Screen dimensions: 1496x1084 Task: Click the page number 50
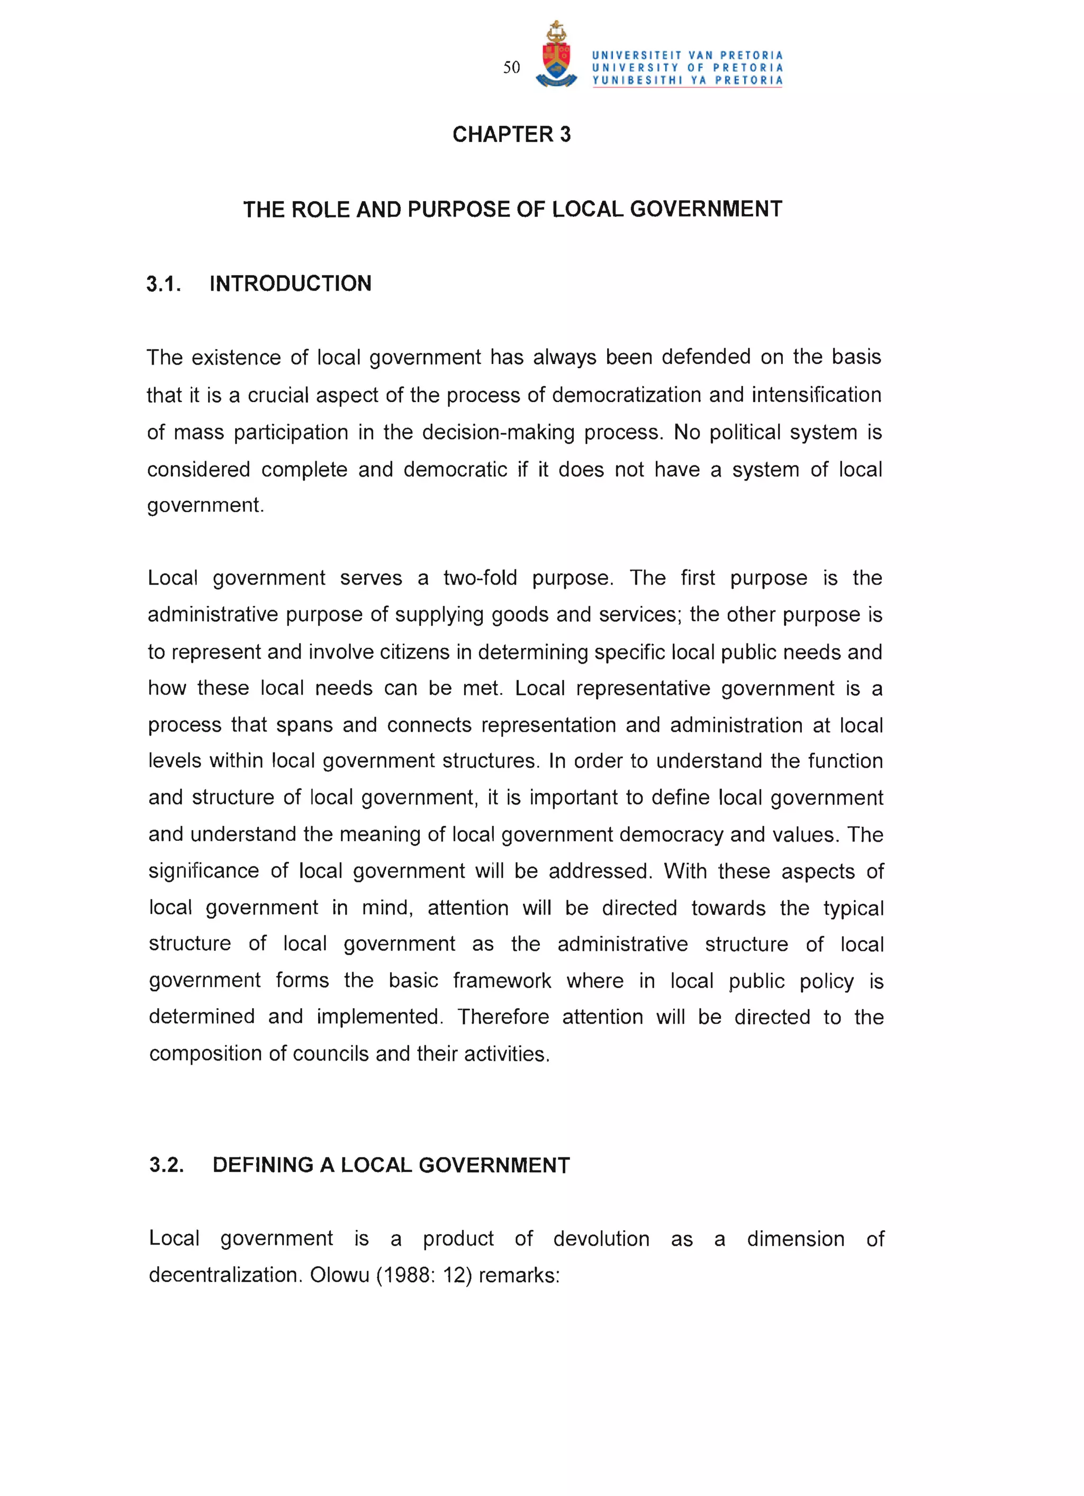coord(511,67)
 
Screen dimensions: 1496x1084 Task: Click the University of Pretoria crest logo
coord(556,56)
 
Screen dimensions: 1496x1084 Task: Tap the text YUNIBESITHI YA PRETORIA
coord(687,80)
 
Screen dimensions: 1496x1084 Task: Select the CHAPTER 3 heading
coord(511,134)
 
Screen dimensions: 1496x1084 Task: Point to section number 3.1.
coord(164,284)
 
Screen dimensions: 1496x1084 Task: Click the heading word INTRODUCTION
coord(290,284)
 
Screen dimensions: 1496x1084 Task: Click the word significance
coord(203,872)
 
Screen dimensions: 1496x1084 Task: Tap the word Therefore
coord(503,1017)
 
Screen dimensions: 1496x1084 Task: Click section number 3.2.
coord(166,1166)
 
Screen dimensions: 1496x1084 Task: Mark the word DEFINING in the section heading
coord(263,1166)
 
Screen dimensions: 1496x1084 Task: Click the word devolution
coord(601,1239)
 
